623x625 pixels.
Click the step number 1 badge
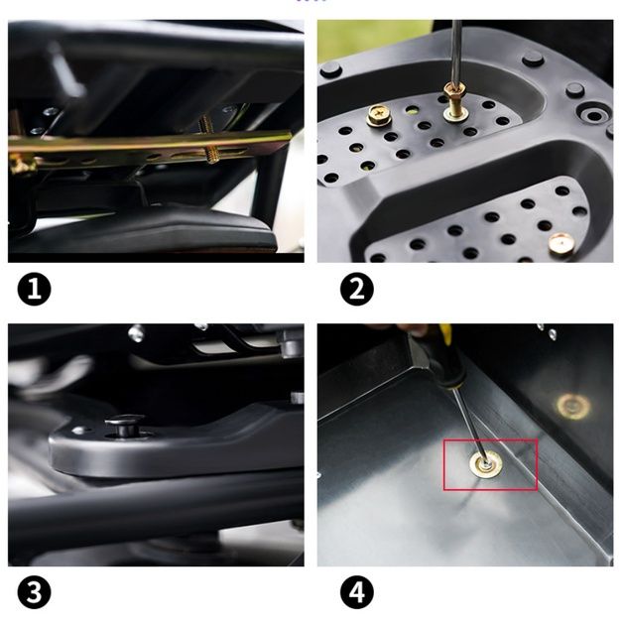click(35, 289)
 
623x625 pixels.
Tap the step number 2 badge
click(357, 289)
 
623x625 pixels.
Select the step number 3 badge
click(35, 592)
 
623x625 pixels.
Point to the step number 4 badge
click(357, 592)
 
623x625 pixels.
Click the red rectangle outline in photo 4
click(444, 464)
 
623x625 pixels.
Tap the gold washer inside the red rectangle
click(486, 465)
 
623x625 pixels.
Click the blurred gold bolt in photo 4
click(573, 407)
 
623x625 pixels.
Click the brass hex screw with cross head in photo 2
click(378, 115)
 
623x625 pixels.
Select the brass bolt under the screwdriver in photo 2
click(456, 102)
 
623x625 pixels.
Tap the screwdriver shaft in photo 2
click(455, 51)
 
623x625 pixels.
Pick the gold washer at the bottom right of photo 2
click(561, 244)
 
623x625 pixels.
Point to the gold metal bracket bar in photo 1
click(148, 147)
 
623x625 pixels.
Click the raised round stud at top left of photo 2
click(330, 70)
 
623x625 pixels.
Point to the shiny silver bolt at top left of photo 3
click(136, 332)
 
